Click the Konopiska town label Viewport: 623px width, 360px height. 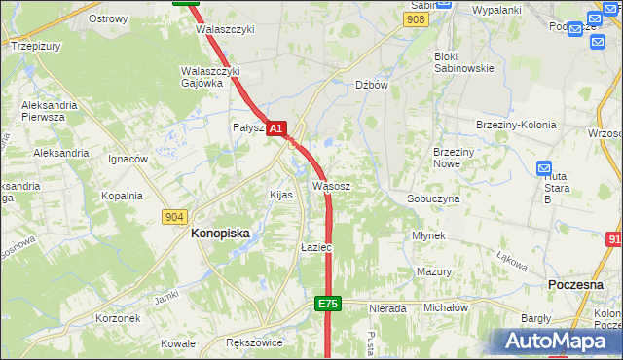coord(220,234)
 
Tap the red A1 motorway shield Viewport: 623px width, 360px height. coord(276,128)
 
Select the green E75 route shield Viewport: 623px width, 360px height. coord(328,305)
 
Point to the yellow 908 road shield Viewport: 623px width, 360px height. coord(417,19)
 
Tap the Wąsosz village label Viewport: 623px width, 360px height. coord(331,185)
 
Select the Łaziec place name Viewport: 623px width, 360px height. coord(316,248)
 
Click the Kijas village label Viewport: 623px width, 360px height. coord(280,195)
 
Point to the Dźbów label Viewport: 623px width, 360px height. coord(372,85)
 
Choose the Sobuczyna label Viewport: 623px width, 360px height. coord(433,198)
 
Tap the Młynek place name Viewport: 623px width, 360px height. coord(428,236)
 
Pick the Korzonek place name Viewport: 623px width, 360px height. coord(119,318)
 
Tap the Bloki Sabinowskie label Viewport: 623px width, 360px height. coord(463,62)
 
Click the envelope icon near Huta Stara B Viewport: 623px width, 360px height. coord(544,168)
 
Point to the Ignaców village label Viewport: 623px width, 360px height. coord(128,159)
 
